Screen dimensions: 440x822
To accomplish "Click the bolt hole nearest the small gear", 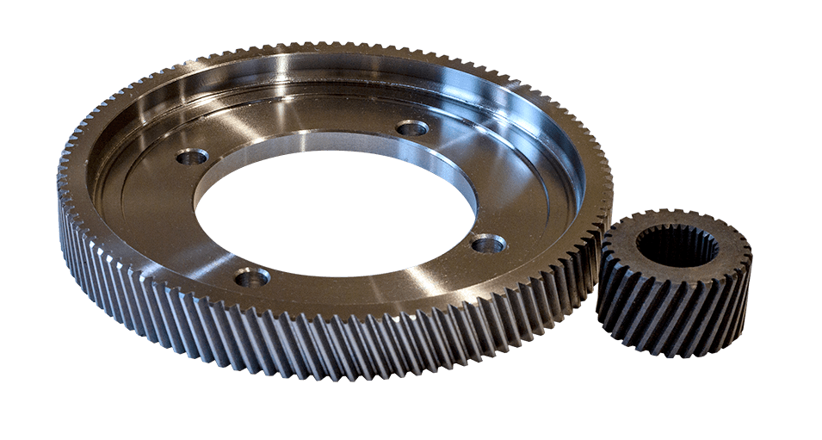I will pyautogui.click(x=488, y=244).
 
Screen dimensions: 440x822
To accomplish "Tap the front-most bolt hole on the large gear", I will pyautogui.click(x=252, y=277).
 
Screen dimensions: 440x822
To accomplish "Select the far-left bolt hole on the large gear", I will pyautogui.click(x=192, y=157).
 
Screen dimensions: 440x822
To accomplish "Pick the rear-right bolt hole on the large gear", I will pyautogui.click(x=412, y=128).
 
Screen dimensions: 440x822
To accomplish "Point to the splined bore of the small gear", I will pyautogui.click(x=677, y=246).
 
